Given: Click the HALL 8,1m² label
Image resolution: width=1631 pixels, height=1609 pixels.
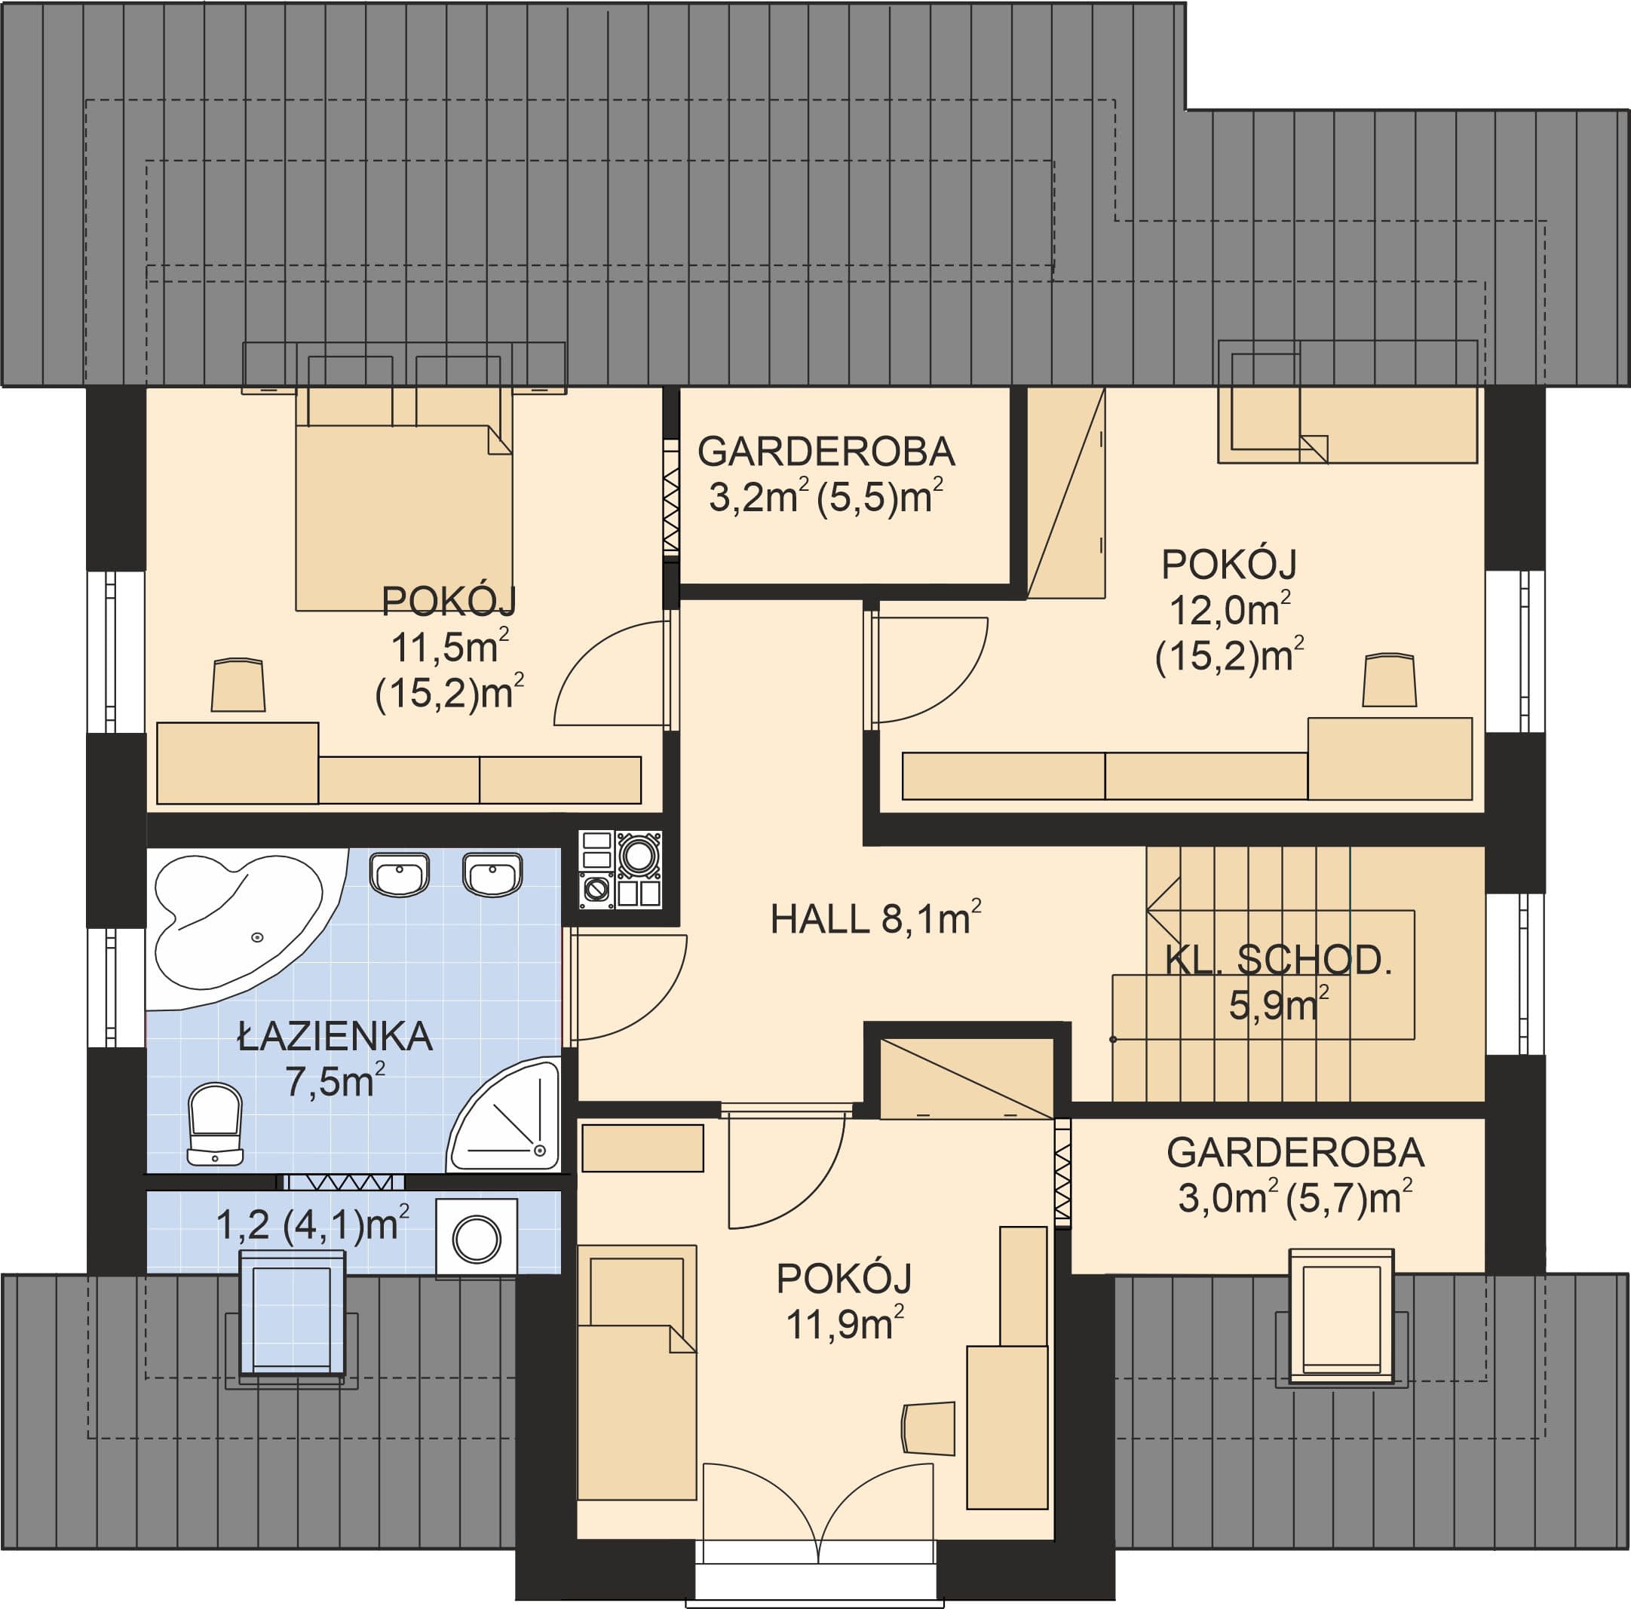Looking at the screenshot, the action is pyautogui.click(x=875, y=918).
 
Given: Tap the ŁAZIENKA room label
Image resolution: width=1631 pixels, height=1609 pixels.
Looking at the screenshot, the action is pyautogui.click(x=335, y=1036).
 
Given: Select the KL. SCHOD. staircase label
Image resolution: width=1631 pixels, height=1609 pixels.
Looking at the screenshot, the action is pyautogui.click(x=1278, y=961).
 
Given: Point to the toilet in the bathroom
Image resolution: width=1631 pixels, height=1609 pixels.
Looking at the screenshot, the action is pyautogui.click(x=215, y=1124).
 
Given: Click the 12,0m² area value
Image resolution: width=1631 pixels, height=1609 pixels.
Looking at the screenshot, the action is pyautogui.click(x=1229, y=609).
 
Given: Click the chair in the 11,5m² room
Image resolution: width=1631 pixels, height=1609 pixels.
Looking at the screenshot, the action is pyautogui.click(x=238, y=685).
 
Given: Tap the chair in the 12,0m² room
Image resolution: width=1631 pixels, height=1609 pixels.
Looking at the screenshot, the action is pyautogui.click(x=1390, y=679).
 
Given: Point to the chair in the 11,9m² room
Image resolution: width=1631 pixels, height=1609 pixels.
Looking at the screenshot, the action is pyautogui.click(x=927, y=1428).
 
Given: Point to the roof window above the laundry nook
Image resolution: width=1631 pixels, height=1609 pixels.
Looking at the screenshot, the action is pyautogui.click(x=293, y=1314).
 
